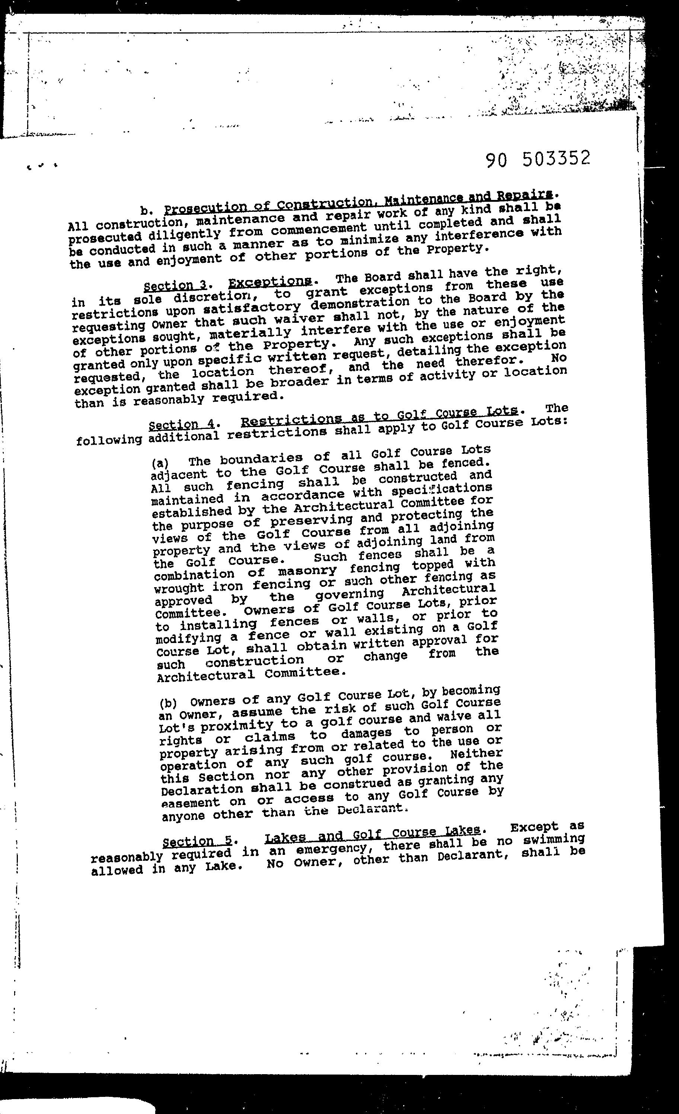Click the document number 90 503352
[538, 159]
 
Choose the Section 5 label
[197, 841]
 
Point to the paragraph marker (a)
[160, 462]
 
